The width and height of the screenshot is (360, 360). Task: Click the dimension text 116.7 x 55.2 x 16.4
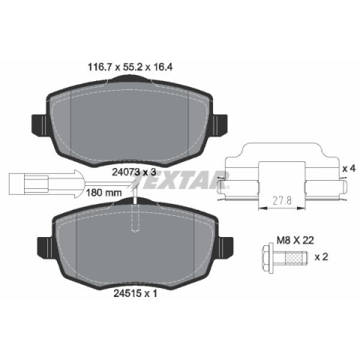point(130,67)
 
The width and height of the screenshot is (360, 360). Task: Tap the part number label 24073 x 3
point(133,172)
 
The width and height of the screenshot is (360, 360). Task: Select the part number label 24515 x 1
point(136,293)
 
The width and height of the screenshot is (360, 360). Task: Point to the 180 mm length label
point(103,193)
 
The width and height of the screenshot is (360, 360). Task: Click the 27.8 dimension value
point(282,200)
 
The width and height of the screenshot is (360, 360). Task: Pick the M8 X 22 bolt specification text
point(295,241)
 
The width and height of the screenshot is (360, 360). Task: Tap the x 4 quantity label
point(349,169)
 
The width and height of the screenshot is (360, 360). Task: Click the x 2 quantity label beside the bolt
point(321,256)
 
